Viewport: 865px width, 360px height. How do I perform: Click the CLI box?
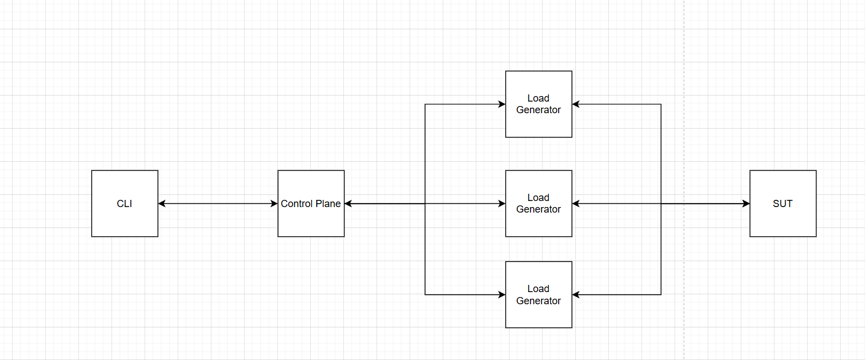(125, 203)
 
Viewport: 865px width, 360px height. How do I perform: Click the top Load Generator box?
(538, 124)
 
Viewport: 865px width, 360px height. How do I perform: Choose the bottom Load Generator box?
(538, 315)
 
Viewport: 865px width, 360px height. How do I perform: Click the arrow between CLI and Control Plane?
(218, 204)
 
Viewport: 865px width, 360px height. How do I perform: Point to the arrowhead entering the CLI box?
(162, 204)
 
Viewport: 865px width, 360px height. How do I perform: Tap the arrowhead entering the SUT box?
(745, 204)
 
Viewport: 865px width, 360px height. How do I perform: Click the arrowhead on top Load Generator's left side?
(502, 104)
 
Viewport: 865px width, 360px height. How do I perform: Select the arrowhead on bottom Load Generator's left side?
(502, 294)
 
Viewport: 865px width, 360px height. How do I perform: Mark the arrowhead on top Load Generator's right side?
(576, 104)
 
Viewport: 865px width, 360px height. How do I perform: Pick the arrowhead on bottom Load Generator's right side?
(576, 294)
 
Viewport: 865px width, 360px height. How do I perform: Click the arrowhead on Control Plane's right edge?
(348, 204)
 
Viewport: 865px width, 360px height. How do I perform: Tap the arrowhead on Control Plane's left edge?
(274, 204)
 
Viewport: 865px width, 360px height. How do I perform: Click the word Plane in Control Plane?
(328, 204)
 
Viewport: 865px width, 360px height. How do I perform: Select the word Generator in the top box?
(538, 110)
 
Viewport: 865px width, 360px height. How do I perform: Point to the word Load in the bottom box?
(538, 289)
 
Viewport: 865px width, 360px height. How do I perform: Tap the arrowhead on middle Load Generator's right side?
(576, 204)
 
